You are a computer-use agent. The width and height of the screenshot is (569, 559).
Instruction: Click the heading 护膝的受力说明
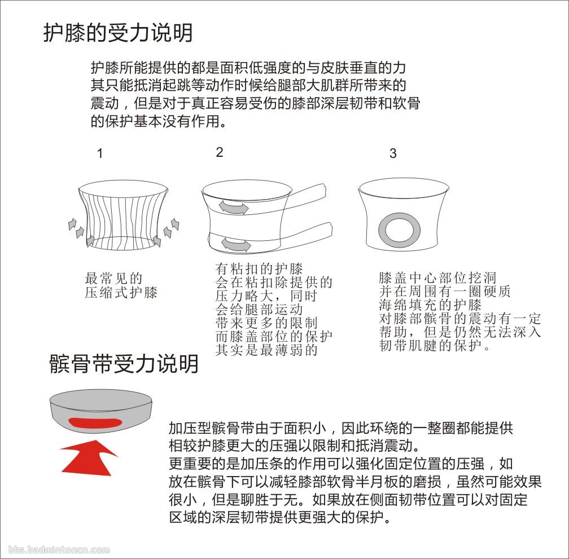point(118,33)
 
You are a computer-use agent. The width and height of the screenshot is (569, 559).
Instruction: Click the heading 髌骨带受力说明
point(124,364)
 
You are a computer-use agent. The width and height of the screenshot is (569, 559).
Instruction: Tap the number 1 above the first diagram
point(100,153)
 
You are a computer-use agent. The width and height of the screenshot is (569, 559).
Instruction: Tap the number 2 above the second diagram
point(219,152)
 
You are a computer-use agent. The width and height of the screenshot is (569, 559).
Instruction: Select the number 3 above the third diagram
point(393,153)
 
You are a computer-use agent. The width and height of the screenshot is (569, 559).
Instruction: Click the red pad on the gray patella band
point(95,423)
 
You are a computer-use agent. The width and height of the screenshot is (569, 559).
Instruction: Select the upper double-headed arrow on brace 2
point(233,208)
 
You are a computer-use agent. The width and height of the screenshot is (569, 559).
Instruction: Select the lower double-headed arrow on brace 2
point(236,244)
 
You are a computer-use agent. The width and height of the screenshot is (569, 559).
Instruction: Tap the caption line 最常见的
point(113,279)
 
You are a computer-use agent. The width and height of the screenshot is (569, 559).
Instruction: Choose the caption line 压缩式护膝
point(121,292)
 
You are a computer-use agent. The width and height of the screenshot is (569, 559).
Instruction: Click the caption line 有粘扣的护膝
point(259,269)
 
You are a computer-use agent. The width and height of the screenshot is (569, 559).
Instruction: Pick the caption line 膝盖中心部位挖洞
point(437,278)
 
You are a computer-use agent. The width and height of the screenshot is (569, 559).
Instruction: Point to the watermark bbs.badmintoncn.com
point(59,549)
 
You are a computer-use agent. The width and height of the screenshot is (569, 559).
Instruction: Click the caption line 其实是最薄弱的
point(266,350)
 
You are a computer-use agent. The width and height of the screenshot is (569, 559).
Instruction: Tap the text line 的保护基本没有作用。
point(159,121)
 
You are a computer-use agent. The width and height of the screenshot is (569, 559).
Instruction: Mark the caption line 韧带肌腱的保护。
point(435,345)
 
